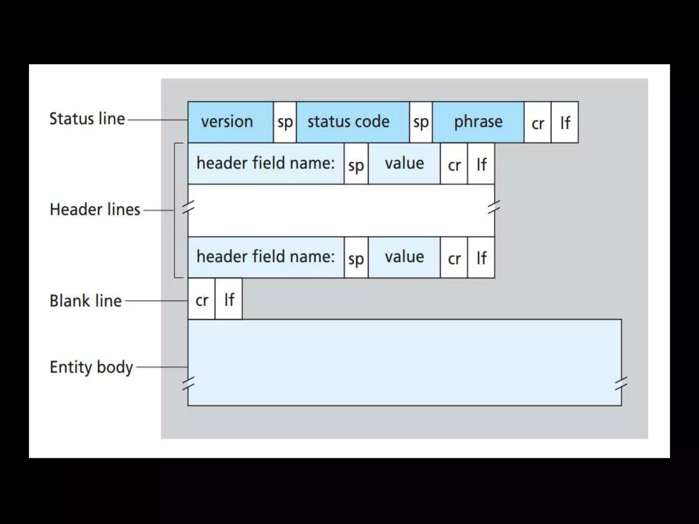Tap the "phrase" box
coord(478,122)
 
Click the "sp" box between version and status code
coord(285,122)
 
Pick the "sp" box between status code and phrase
coord(420,122)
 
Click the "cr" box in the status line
coord(538,123)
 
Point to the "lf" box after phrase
coord(565,123)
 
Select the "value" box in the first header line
coord(404,164)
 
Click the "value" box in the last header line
coord(404,257)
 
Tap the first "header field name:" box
coord(266,164)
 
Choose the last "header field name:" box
coord(266,257)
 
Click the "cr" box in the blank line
coord(201,300)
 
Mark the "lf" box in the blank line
coord(229,300)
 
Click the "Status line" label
coord(87,119)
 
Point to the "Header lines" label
coord(95,209)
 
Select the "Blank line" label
coord(86,301)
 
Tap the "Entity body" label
coord(91,367)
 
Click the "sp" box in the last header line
coord(356,258)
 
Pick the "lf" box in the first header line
coord(481,164)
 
